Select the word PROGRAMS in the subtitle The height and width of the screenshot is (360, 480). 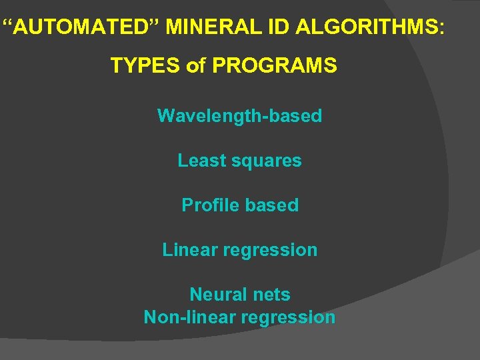tap(273, 65)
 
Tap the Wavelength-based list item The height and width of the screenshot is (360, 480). tap(239, 116)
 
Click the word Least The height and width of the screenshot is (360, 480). tap(201, 161)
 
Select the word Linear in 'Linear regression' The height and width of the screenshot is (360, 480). tap(189, 250)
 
